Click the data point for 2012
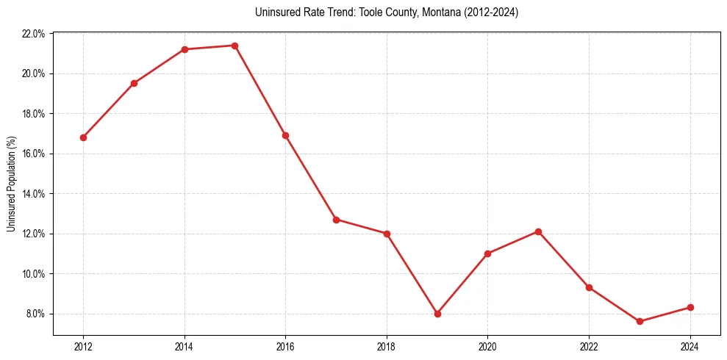[83, 137]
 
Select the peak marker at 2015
[234, 46]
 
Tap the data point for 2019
[437, 314]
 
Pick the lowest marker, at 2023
[640, 322]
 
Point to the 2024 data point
[690, 307]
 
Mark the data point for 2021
[538, 231]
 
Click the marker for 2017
[336, 220]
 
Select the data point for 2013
[134, 83]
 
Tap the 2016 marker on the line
[285, 135]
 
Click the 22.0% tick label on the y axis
[34, 34]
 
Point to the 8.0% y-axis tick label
[35, 314]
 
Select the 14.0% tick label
[34, 194]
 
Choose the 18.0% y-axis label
[34, 114]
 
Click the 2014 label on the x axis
[185, 347]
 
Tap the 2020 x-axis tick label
[487, 347]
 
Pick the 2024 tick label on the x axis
[690, 347]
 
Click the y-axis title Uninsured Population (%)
[11, 184]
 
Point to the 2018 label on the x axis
[387, 347]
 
